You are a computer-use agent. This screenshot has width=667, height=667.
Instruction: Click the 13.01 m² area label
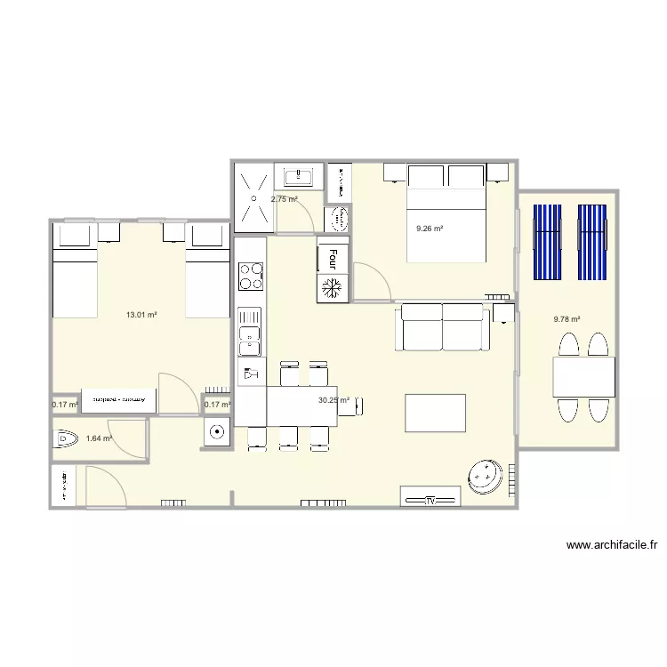pos(141,315)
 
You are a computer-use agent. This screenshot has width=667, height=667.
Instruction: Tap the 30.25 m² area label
pos(333,400)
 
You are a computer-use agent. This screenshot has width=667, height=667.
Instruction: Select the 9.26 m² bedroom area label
pos(430,229)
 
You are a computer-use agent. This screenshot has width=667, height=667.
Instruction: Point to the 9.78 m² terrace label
pos(567,320)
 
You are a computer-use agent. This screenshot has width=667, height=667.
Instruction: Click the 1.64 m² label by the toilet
pos(99,438)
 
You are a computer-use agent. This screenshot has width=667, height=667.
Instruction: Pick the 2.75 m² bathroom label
pos(284,200)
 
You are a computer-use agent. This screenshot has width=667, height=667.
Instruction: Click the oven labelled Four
pos(333,256)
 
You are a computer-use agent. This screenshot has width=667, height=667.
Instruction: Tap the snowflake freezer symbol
pos(333,287)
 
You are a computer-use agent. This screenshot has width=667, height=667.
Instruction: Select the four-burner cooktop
pos(251,276)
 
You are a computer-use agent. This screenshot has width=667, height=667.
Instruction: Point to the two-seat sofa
pos(443,326)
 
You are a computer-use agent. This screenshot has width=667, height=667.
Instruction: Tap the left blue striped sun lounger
pos(546,242)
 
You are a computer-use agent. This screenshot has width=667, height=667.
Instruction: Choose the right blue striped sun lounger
pos(591,242)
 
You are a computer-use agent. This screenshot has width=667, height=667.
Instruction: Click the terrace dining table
pos(583,376)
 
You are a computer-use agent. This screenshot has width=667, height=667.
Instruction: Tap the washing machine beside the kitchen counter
pos(217,433)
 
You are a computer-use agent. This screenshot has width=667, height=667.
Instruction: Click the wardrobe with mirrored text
pos(119,400)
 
